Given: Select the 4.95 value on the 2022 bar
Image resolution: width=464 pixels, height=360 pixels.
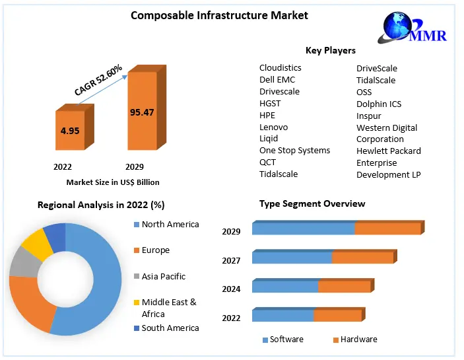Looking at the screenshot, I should (70, 131).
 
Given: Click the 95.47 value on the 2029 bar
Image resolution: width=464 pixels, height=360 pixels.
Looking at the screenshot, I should (142, 112).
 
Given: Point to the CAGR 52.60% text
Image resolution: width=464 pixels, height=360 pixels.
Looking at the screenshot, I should (98, 81).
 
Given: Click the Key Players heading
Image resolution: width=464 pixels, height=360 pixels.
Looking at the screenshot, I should (330, 50).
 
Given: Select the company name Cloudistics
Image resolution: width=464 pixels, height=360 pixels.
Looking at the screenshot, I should (280, 67).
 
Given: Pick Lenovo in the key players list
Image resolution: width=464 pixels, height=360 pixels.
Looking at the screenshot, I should (273, 127).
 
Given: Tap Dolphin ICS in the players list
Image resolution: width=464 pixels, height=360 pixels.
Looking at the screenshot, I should (379, 104).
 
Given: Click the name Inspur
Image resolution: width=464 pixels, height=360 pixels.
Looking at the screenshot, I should (369, 116).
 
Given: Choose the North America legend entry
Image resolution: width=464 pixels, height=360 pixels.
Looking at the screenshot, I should (170, 225).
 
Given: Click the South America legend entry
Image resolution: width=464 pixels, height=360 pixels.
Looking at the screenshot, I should (170, 328).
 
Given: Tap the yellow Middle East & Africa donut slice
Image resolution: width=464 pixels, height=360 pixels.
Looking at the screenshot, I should (38, 244).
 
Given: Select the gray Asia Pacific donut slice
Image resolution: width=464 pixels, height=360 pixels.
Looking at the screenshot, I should (23, 263).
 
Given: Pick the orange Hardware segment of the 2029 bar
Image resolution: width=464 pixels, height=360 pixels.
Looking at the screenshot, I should (387, 229).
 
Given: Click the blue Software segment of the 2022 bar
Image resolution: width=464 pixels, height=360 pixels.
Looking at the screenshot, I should (282, 316).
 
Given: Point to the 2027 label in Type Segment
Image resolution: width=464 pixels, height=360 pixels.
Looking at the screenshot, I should (231, 261).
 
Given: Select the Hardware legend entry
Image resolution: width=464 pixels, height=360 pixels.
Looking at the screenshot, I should (359, 339).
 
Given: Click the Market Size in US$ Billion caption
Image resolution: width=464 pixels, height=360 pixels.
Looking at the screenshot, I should (113, 182).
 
